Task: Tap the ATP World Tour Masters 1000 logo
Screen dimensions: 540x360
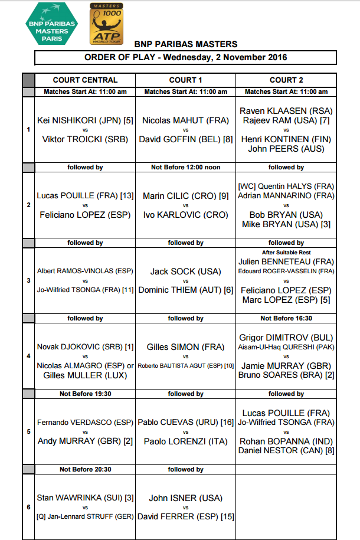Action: coord(106,24)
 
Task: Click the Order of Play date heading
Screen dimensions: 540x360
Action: coord(185,57)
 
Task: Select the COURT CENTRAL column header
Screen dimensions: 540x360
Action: coord(85,80)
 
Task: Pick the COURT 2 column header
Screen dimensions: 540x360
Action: coord(286,80)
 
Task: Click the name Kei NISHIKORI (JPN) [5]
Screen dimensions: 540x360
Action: coord(85,120)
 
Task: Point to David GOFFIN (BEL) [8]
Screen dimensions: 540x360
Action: coord(185,140)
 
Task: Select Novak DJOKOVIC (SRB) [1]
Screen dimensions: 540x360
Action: coord(85,347)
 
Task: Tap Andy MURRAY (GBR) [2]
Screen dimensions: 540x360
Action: coord(85,441)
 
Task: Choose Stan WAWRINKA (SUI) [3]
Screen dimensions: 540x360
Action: coord(85,498)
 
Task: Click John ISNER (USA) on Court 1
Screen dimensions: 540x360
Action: coord(185,498)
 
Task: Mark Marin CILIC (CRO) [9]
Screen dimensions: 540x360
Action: coord(185,196)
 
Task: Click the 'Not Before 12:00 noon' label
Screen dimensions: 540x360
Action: coord(185,167)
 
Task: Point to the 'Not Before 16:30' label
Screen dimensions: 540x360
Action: coord(286,318)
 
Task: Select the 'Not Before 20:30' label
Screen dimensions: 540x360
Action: coord(85,469)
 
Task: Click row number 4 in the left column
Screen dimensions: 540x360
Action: coord(29,356)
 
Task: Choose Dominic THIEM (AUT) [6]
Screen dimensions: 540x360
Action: coord(185,290)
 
